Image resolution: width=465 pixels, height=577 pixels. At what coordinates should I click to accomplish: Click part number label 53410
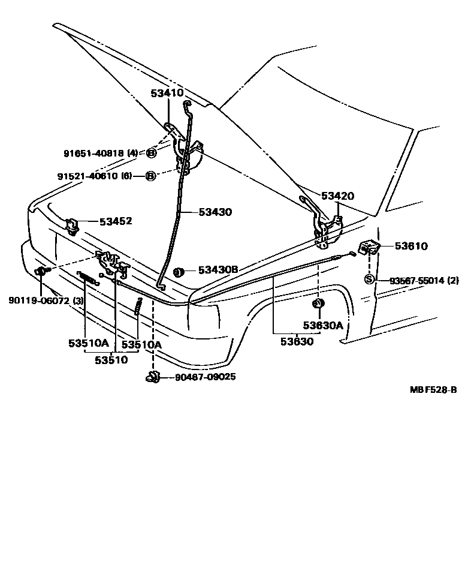(167, 94)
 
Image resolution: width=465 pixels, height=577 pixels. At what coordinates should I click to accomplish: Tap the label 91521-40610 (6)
(95, 176)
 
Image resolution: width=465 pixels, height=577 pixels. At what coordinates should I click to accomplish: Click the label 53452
(116, 221)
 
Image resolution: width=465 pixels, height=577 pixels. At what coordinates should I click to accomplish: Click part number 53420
(337, 196)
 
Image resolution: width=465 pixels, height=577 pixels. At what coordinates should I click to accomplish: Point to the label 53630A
(322, 326)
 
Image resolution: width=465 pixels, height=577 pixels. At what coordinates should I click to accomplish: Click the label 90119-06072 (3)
(46, 300)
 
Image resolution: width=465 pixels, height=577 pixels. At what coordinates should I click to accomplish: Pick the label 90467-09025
(205, 377)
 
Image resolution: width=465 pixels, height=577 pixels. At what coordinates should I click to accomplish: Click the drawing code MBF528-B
(433, 389)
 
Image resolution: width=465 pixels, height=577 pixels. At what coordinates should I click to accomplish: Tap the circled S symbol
(370, 280)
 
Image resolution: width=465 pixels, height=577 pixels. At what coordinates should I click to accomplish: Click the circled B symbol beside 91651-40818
(151, 154)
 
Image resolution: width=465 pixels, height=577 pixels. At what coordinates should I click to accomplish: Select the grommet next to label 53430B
(177, 272)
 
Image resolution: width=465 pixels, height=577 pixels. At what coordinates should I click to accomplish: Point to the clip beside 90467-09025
(152, 377)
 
